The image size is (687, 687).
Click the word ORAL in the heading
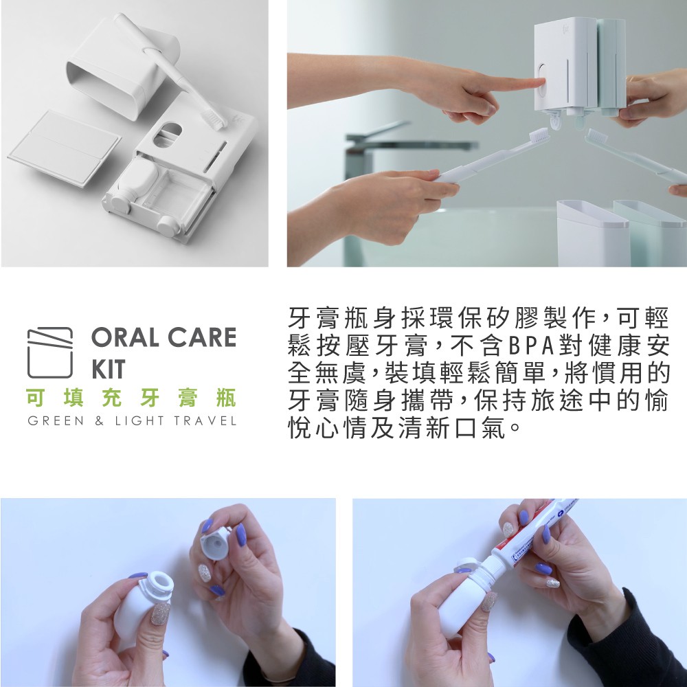coord(126,337)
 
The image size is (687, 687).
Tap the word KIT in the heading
coord(109,369)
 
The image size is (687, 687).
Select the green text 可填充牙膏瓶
coord(131,398)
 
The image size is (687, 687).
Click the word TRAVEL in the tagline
coord(205,421)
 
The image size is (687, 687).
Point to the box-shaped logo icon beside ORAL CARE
coord(50,352)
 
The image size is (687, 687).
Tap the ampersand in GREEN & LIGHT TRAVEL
coord(100,422)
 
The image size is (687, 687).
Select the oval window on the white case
coord(167,134)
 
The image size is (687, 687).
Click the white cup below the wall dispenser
coord(592,234)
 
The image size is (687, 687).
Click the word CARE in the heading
coord(202,337)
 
